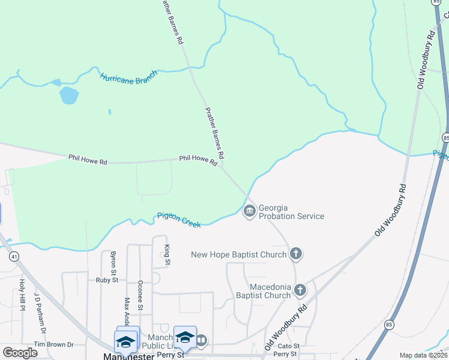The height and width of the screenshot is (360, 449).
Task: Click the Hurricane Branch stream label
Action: coord(128,77)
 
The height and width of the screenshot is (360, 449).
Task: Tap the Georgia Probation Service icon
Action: coord(249,211)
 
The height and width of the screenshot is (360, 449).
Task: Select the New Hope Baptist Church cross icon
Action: coord(295,254)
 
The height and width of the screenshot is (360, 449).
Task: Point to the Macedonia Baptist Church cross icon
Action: coord(300,291)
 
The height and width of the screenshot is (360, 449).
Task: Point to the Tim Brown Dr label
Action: coord(53,344)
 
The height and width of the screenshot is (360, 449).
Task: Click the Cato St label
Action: coord(288,346)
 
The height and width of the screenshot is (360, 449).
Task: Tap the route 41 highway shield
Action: coord(13,256)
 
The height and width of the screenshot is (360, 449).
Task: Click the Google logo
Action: coord(20,353)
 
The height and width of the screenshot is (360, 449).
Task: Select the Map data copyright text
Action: coord(423,355)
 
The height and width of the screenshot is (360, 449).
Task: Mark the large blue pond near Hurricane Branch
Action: coord(69,95)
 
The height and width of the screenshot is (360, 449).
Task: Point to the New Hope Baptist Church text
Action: coord(238,254)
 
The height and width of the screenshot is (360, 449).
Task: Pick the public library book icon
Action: coord(201,341)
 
